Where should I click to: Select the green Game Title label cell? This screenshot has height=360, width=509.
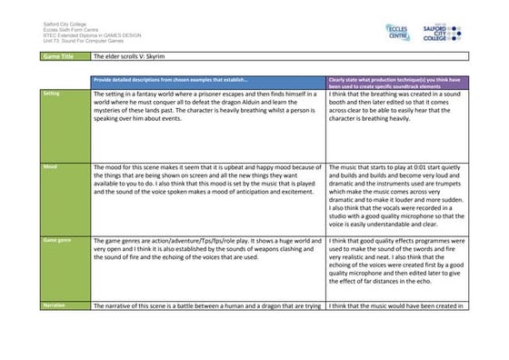(x=64, y=56)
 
